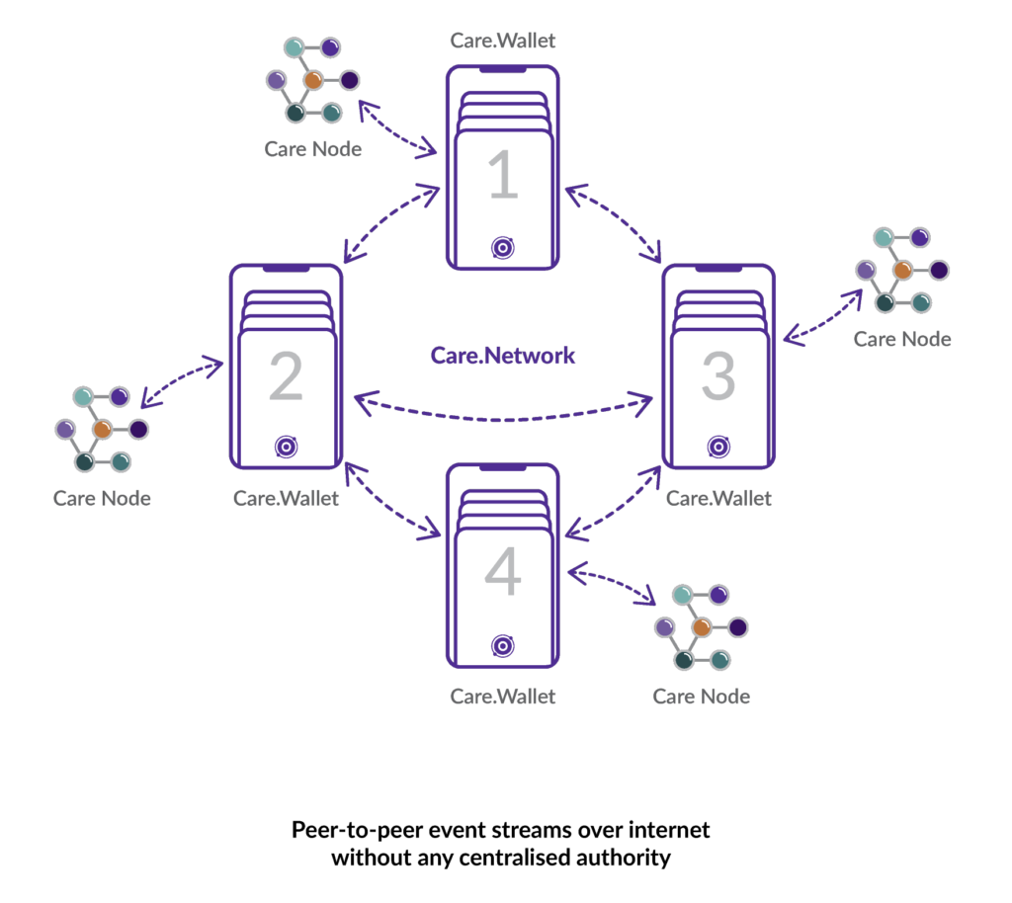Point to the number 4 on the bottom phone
[x=502, y=574]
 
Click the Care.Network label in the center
[x=503, y=356]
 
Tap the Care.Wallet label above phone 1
[x=503, y=41]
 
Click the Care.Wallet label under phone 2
[x=287, y=499]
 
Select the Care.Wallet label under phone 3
[x=718, y=499]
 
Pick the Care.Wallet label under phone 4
[x=503, y=697]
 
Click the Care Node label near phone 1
[x=312, y=150]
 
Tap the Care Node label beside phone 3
[x=902, y=340]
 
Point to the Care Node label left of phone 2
[x=102, y=499]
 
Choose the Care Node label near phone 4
[x=701, y=697]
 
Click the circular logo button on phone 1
[x=502, y=247]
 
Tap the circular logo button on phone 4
[x=502, y=646]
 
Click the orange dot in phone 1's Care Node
[x=313, y=80]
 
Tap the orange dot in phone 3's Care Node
[x=902, y=270]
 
